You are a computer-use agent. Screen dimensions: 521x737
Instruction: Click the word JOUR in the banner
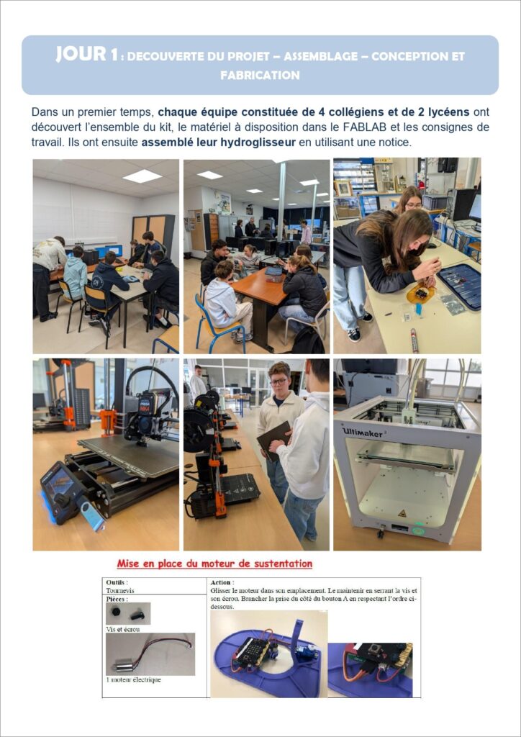coord(81,54)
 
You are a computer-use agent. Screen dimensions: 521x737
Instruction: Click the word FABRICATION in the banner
coord(260,75)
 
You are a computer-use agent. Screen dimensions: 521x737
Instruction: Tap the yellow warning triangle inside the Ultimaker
coord(402,513)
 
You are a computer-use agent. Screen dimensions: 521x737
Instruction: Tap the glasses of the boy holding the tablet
coord(278,381)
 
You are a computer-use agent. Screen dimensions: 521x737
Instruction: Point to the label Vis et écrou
coord(122,629)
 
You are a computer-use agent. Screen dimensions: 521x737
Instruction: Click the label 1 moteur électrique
coord(133,679)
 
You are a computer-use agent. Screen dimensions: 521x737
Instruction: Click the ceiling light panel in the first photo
coord(142,176)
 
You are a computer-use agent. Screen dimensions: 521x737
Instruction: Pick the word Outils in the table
coord(117,582)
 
